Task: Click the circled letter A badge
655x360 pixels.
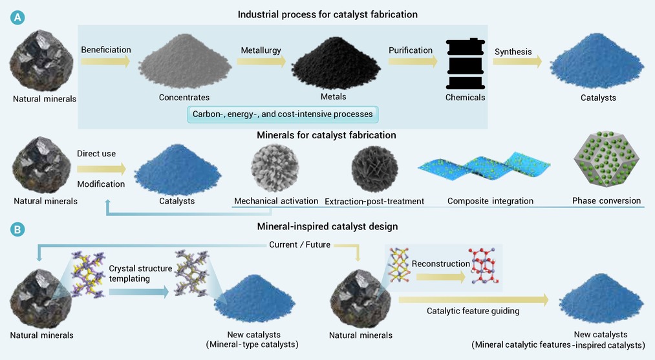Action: click(17, 17)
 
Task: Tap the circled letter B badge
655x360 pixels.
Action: click(17, 229)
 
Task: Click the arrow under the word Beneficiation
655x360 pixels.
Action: click(105, 61)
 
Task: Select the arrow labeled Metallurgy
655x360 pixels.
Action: click(261, 61)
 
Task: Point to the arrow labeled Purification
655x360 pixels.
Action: click(413, 61)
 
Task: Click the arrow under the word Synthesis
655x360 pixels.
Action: click(517, 61)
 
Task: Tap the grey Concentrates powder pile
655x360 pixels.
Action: click(185, 61)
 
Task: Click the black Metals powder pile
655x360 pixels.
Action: click(336, 63)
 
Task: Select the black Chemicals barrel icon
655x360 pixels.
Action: click(466, 63)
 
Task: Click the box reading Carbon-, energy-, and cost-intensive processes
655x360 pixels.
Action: click(283, 114)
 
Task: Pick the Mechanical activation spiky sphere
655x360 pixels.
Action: click(275, 168)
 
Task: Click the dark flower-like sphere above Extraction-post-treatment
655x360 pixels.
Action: click(375, 169)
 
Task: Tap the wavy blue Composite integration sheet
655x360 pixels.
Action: click(484, 168)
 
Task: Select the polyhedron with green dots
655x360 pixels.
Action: click(607, 159)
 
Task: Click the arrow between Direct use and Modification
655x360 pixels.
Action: click(102, 169)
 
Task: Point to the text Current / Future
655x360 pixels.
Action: click(299, 245)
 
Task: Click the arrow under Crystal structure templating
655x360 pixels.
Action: click(138, 292)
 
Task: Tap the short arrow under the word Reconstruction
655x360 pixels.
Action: click(441, 277)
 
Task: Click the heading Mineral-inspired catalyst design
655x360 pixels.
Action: click(327, 227)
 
